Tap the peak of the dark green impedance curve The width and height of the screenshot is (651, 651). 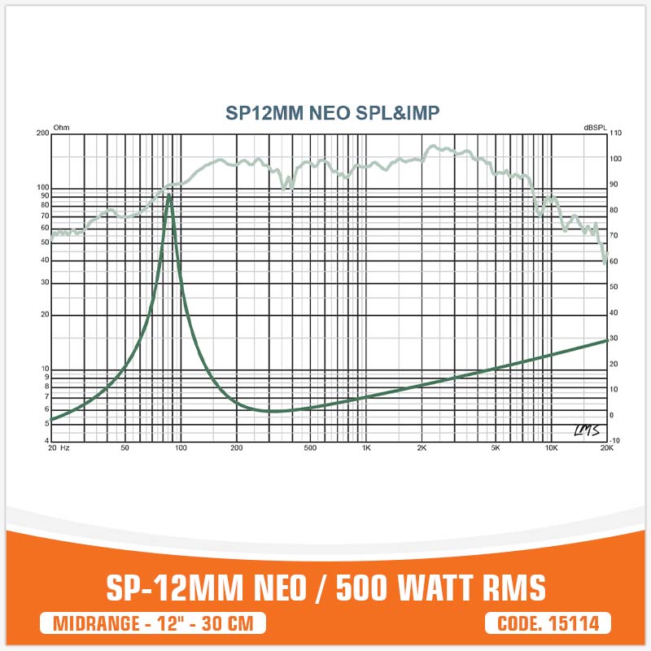(x=168, y=195)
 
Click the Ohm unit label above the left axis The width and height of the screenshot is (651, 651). (x=61, y=128)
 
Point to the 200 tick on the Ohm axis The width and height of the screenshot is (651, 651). (x=44, y=133)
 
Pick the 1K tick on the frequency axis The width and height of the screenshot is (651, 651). (x=366, y=448)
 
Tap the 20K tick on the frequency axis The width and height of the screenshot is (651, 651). (x=606, y=448)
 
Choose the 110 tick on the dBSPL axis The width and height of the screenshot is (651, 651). (x=615, y=133)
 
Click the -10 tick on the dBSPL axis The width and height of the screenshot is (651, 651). (x=615, y=441)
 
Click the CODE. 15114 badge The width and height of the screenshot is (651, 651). (x=548, y=624)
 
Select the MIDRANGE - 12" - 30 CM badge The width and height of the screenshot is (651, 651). (x=153, y=624)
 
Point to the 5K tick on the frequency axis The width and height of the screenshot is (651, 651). (x=495, y=448)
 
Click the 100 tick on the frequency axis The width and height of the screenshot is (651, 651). (x=181, y=448)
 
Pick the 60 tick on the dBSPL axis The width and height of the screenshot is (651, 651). (x=615, y=261)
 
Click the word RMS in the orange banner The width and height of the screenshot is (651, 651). (x=514, y=588)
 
